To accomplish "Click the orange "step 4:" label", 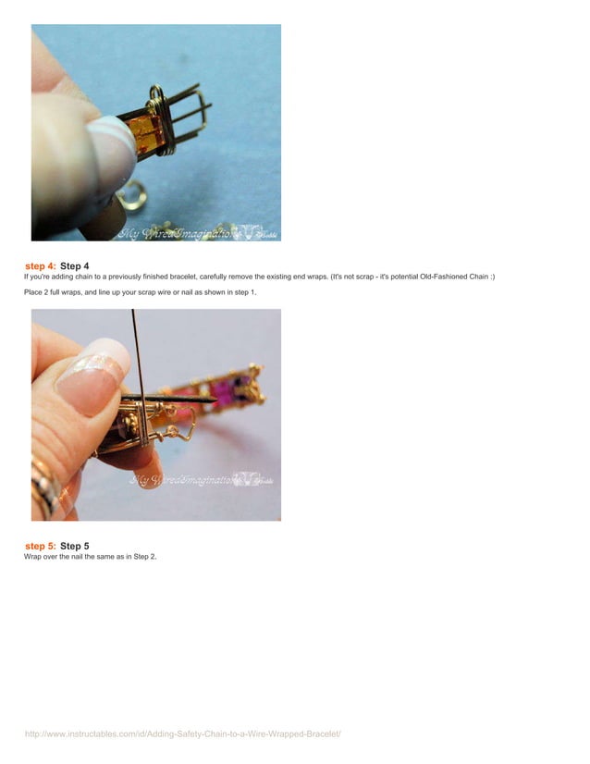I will [x=41, y=266].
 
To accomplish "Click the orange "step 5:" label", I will [x=41, y=546].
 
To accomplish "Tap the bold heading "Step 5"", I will [x=75, y=546].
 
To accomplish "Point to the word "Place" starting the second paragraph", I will [x=34, y=292].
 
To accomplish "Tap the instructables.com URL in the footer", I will [x=183, y=733].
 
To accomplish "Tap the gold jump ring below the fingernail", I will [x=131, y=193].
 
